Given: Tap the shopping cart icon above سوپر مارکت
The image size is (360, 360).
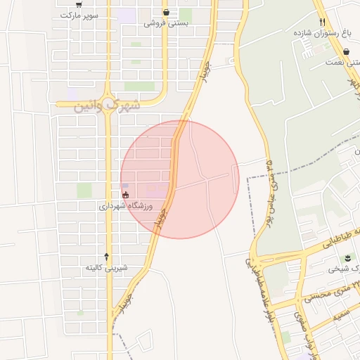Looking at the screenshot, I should coord(89,4).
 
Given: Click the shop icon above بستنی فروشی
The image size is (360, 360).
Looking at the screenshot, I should coord(166,12).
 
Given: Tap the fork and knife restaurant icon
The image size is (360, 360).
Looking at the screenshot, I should coord(322,21).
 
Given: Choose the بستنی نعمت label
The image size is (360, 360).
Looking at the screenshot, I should coord(342,62).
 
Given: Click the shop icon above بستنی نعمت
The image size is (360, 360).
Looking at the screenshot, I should coord(347,51).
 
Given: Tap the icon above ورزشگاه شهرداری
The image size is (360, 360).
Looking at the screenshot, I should coord(126,195).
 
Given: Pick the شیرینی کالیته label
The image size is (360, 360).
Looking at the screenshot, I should coord(107,268).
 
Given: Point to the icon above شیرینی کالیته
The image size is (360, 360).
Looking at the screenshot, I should coord(107,257).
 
